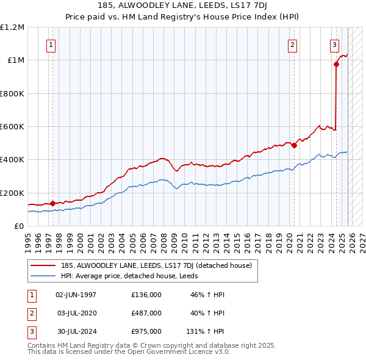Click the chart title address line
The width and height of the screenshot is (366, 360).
(183, 5)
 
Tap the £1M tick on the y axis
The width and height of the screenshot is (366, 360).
(13, 60)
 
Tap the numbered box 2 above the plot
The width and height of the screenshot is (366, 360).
(293, 44)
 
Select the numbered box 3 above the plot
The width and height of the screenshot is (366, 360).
(335, 44)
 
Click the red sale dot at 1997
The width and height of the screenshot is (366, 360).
(52, 203)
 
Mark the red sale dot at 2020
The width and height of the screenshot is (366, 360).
(294, 145)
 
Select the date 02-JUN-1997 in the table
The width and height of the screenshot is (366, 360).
(76, 295)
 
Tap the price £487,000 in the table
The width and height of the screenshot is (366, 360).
(146, 313)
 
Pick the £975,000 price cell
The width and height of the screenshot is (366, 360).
(146, 331)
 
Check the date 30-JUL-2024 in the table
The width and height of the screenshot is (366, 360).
(76, 331)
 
